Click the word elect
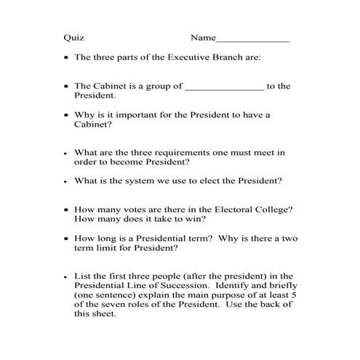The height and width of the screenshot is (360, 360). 223,180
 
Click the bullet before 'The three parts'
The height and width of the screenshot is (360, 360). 66,57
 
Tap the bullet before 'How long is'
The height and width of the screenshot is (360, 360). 66,238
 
